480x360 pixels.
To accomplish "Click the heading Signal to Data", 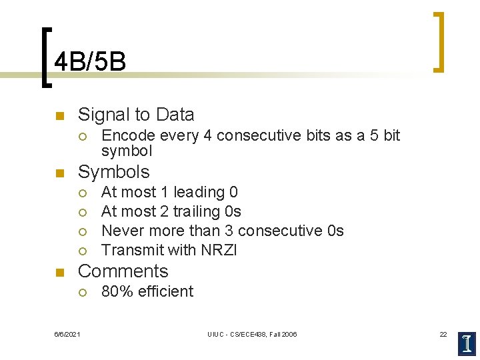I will (136, 115).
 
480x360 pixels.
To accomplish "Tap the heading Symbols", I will (114, 171).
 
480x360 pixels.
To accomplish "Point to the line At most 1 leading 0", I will (169, 193).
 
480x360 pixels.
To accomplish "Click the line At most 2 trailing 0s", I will (171, 212).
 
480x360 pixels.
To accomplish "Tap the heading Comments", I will (123, 271).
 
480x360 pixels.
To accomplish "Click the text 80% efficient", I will (147, 291).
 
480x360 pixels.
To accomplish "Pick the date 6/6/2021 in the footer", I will (67, 334).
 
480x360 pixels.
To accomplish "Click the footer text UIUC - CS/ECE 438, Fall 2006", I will (252, 334).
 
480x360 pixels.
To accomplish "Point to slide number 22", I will (443, 334).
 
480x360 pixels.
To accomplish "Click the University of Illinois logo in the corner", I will (467, 343).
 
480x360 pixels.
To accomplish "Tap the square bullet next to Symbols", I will (59, 173).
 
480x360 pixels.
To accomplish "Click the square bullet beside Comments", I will (59, 273).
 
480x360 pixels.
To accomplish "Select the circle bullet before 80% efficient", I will (81, 292).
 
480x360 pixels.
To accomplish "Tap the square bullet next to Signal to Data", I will (59, 116).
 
